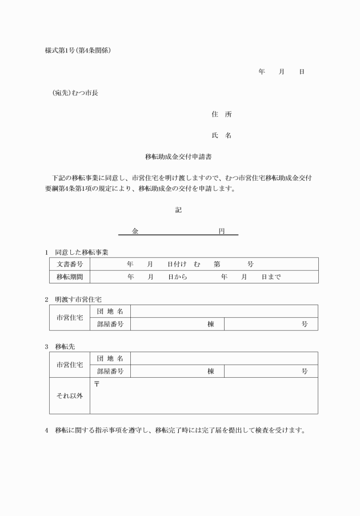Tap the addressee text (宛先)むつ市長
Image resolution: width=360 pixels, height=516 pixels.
pyautogui.click(x=75, y=93)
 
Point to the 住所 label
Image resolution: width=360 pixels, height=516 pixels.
pyautogui.click(x=222, y=114)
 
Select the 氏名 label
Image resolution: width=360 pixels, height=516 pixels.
pyautogui.click(x=222, y=135)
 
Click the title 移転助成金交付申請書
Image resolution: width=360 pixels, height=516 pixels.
pyautogui.click(x=179, y=155)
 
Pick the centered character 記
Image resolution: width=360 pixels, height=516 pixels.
pyautogui.click(x=178, y=210)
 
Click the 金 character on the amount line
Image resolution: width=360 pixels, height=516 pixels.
pyautogui.click(x=135, y=231)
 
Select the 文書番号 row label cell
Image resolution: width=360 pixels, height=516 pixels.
pyautogui.click(x=70, y=264)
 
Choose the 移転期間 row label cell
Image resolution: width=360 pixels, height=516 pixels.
pyautogui.click(x=70, y=277)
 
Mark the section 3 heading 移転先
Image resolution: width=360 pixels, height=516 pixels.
pyautogui.click(x=65, y=346)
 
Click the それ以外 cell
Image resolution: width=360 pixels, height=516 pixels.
pyautogui.click(x=70, y=395)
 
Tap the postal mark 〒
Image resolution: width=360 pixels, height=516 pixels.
pyautogui.click(x=97, y=383)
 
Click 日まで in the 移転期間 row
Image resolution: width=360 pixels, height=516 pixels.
pyautogui.click(x=271, y=277)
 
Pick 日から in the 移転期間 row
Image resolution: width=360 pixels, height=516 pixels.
pyautogui.click(x=177, y=277)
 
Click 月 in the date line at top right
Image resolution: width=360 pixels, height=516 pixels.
pyautogui.click(x=281, y=72)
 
